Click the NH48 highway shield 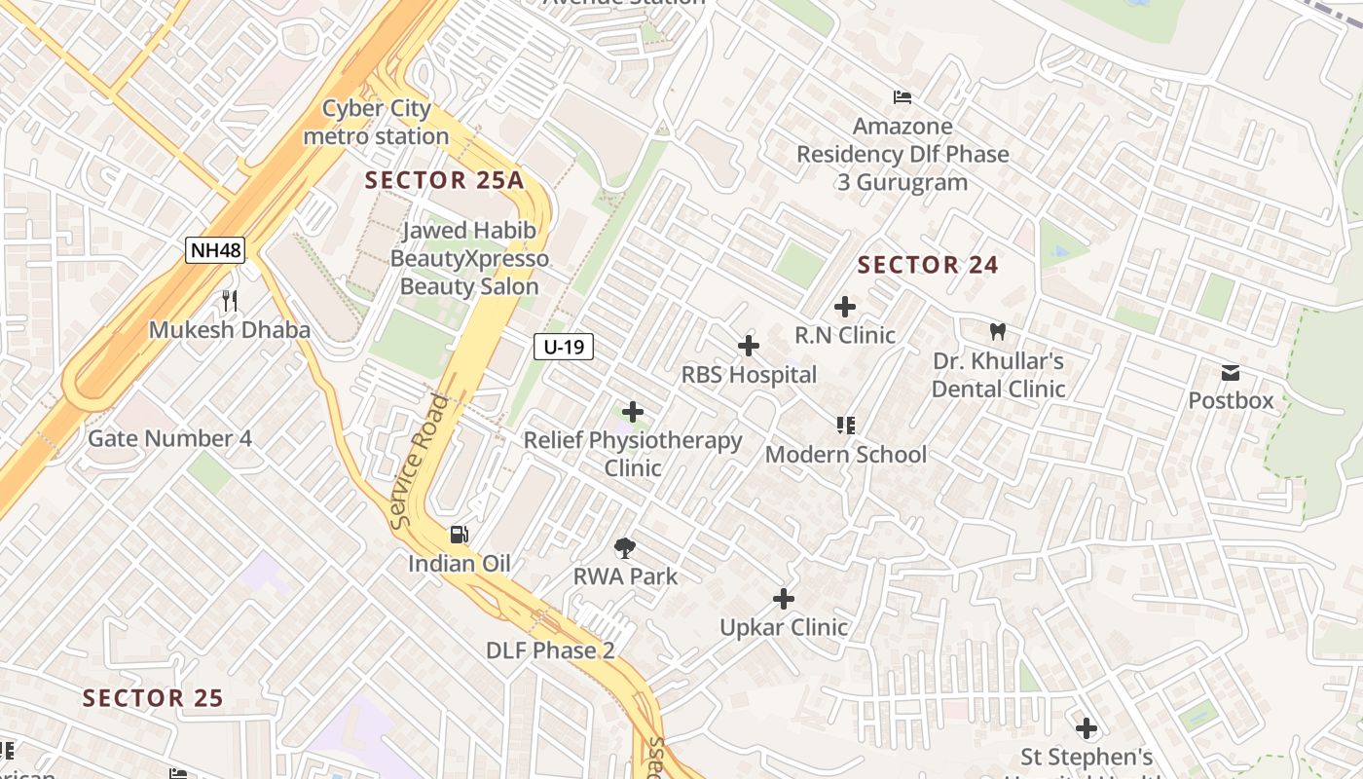[215, 250]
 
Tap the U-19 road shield [564, 346]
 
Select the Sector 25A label [444, 180]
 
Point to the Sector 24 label [928, 265]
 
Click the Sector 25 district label [153, 698]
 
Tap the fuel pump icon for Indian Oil [459, 534]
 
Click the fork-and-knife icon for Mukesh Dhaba [230, 300]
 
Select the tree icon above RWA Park [625, 547]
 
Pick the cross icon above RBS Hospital [748, 346]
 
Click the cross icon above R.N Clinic [844, 307]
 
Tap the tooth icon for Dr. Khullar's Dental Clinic [997, 332]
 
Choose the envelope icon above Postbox [1231, 372]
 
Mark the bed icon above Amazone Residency [903, 97]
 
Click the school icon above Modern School [845, 425]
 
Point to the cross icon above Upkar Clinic [783, 598]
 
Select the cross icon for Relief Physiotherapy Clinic [632, 412]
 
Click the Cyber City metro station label [376, 123]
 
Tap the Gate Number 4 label [169, 438]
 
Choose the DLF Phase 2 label [550, 650]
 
